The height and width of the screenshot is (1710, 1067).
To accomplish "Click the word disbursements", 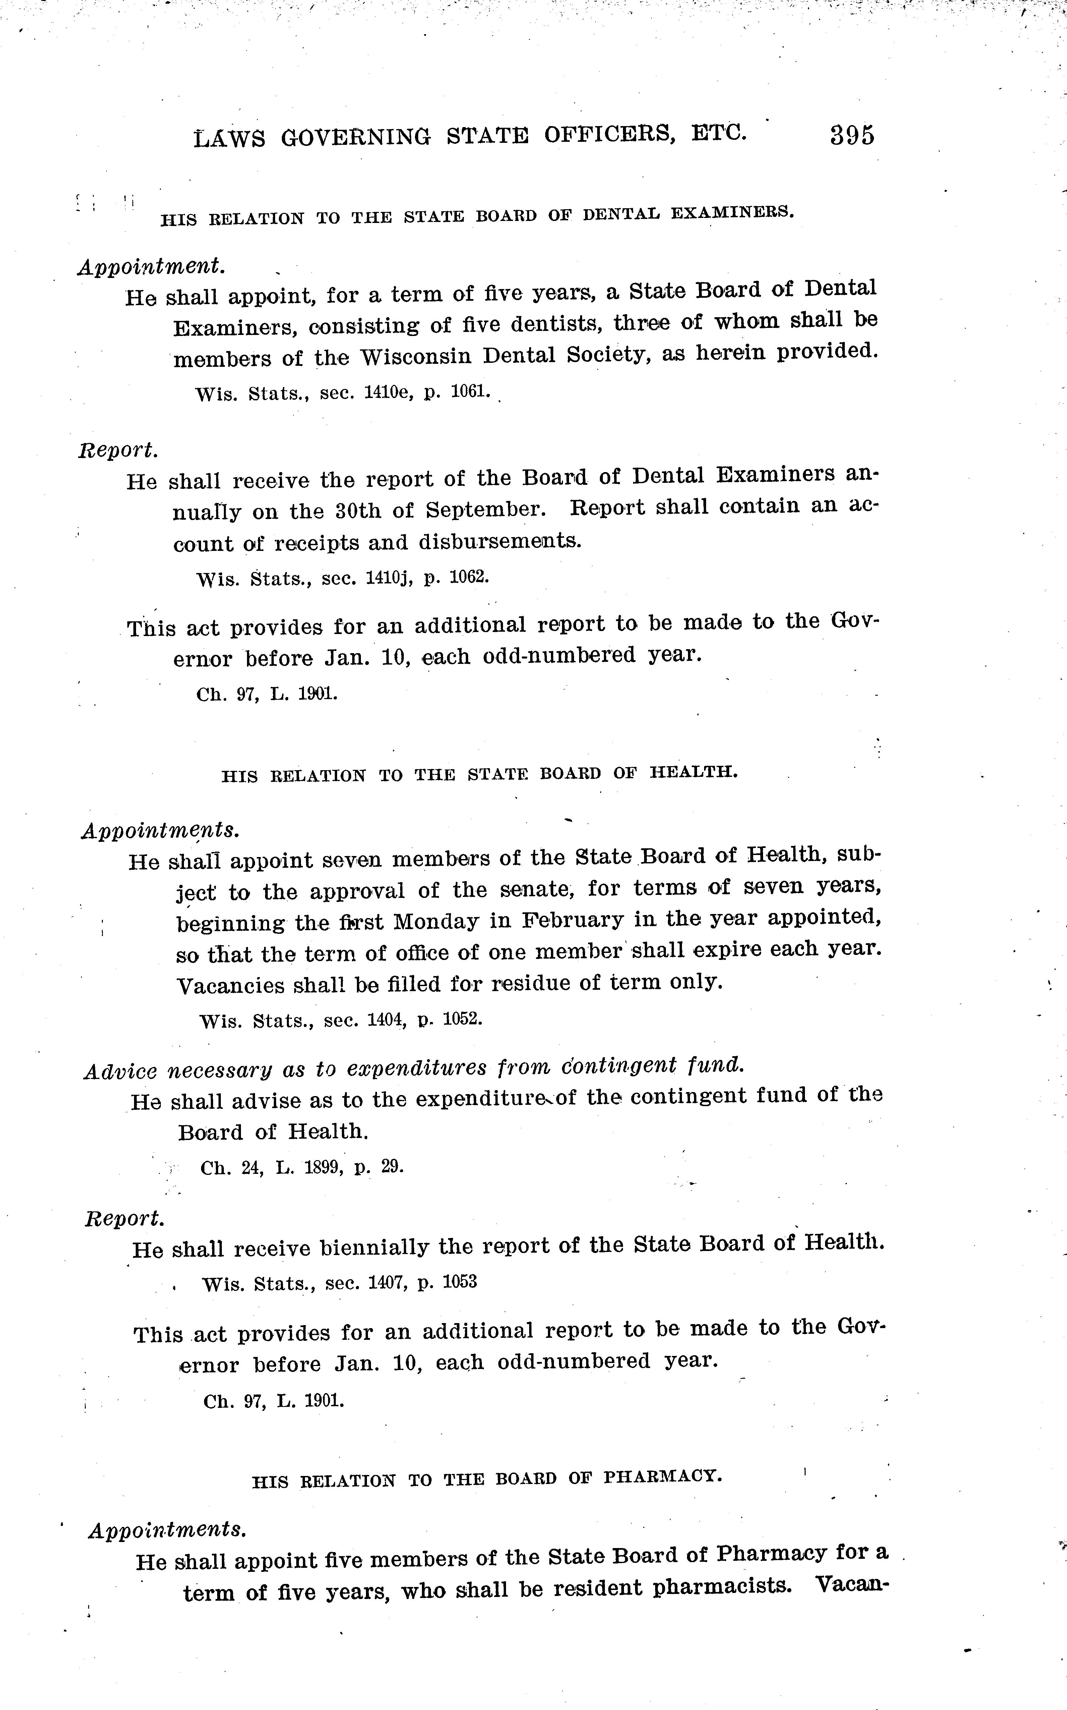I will pyautogui.click(x=500, y=541).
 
